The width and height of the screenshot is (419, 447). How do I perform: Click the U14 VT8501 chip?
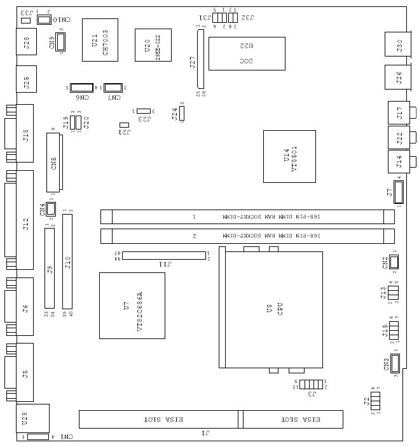tap(289, 156)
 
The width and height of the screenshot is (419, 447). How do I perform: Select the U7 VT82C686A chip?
tap(132, 305)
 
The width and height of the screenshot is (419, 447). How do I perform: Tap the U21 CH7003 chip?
tap(100, 40)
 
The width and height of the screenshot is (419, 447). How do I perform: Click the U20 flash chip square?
tap(153, 45)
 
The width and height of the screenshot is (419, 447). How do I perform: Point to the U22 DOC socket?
tap(247, 53)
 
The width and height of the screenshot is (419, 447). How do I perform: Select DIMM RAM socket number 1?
tap(247, 217)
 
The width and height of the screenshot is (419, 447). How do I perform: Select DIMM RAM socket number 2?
tap(247, 237)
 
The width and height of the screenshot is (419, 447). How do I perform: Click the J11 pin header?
tap(164, 255)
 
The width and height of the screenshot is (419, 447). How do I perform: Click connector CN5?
tap(55, 162)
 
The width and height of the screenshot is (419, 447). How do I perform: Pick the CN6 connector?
tap(81, 87)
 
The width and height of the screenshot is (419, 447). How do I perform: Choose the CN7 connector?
tap(114, 87)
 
